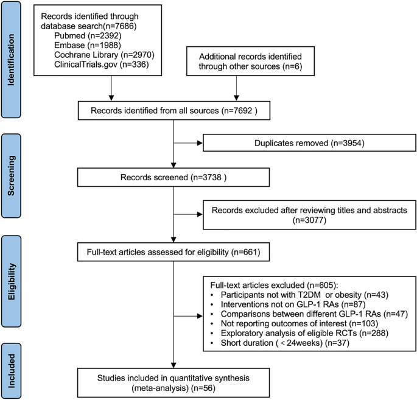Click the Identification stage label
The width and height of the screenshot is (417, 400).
(x=11, y=60)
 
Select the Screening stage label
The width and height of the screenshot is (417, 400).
(x=11, y=175)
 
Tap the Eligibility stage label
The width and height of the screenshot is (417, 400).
(x=11, y=281)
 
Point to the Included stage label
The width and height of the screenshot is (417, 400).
(x=11, y=371)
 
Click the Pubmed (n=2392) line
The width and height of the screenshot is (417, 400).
(x=88, y=36)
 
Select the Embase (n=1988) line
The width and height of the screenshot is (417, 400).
(x=88, y=45)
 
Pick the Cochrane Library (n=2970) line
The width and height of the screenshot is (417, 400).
(x=104, y=55)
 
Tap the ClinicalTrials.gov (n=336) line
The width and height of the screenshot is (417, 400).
(x=101, y=65)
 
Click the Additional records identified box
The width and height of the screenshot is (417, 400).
(x=250, y=61)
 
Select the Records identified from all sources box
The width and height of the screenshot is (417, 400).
(x=174, y=110)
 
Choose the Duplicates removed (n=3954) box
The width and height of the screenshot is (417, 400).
(x=309, y=143)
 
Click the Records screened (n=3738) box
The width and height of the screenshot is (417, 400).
(x=173, y=177)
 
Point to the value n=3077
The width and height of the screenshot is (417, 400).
(x=309, y=220)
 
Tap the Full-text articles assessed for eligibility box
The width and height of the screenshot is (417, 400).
(x=173, y=252)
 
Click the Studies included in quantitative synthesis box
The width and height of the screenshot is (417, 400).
(x=173, y=383)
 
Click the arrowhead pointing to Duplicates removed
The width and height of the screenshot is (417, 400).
(x=200, y=143)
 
